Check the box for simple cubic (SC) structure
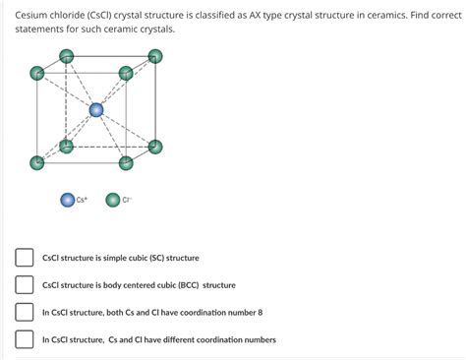(24, 258)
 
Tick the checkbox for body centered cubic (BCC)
(24, 285)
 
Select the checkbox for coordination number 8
(24, 313)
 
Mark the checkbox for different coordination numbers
(24, 340)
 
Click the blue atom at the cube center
(95, 110)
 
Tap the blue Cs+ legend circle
(68, 200)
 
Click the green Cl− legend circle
(113, 200)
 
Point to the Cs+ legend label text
(83, 200)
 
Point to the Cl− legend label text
(128, 200)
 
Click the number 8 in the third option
(260, 313)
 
